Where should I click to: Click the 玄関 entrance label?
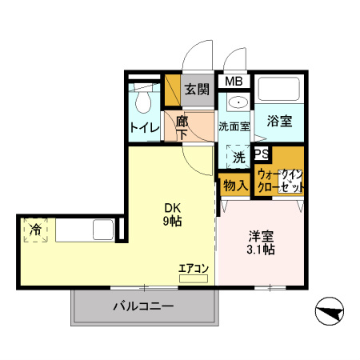[x=197, y=90]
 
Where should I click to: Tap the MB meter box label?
[x=233, y=82]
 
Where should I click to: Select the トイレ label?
[x=144, y=127]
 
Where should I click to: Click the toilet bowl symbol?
[x=144, y=102]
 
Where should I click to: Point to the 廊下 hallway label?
[x=182, y=127]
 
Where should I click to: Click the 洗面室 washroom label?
[x=234, y=126]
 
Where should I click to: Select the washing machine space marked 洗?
[x=238, y=156]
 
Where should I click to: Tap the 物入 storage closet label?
[x=234, y=186]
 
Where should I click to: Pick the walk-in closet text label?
[x=281, y=180]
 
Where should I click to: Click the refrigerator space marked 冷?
[x=36, y=230]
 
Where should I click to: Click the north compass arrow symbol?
[x=330, y=310]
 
